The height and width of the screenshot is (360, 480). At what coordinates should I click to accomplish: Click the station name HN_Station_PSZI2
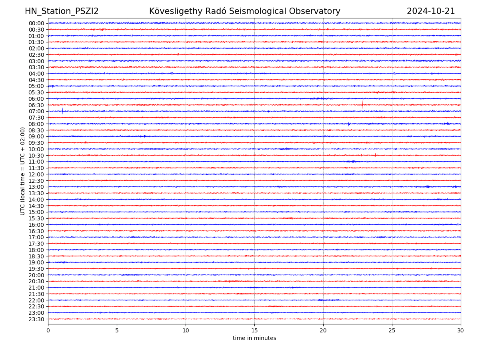pos(62,11)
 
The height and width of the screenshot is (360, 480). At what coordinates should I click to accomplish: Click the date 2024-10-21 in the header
pos(431,11)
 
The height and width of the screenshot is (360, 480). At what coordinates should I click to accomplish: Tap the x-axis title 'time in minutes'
pos(254,338)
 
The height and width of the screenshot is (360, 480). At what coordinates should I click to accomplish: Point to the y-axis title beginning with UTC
pos(23,171)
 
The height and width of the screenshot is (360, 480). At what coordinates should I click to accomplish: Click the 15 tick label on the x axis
pos(254,331)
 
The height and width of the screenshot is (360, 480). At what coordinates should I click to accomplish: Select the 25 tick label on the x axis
pos(392,331)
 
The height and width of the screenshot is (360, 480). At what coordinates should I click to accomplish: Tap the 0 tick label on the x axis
pos(48,331)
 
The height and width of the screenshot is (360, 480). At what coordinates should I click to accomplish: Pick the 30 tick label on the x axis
pos(461,331)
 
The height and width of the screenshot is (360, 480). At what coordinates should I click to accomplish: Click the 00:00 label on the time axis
pos(36,23)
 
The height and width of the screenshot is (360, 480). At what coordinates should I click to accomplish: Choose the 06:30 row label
pos(36,105)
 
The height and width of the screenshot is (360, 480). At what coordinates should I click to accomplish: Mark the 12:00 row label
pos(36,174)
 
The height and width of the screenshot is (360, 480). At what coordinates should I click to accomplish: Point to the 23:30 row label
pos(36,319)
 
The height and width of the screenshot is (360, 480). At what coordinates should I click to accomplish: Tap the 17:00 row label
pos(36,237)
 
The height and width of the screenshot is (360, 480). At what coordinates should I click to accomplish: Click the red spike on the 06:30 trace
pos(362,105)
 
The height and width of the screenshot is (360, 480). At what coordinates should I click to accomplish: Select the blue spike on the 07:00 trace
pos(62,111)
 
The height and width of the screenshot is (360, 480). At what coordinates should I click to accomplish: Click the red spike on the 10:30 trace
pos(375,155)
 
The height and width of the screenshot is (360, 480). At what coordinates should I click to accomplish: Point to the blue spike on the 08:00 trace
pos(349,124)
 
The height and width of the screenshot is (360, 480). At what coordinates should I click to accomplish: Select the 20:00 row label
pos(36,275)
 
